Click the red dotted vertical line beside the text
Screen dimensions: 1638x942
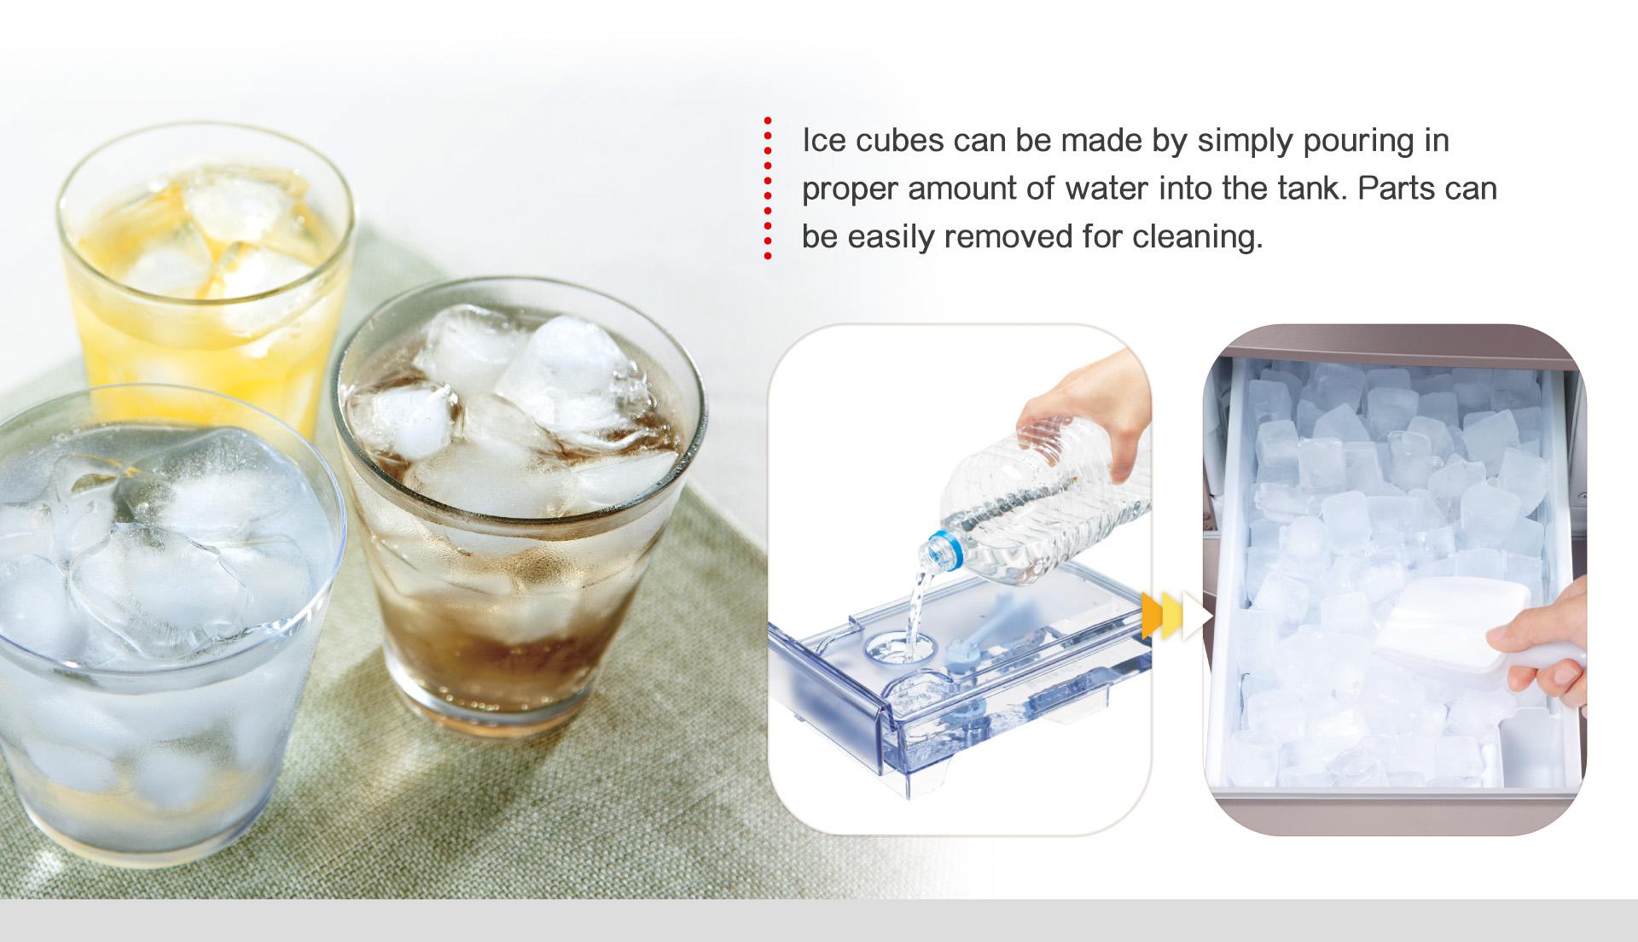coord(768,188)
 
